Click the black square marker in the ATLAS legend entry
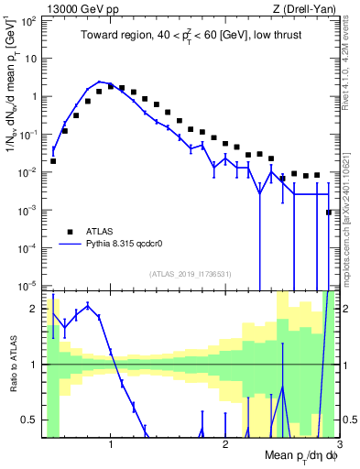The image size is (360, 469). click(69, 232)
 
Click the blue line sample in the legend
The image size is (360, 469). click(69, 245)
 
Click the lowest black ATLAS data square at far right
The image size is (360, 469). click(329, 213)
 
